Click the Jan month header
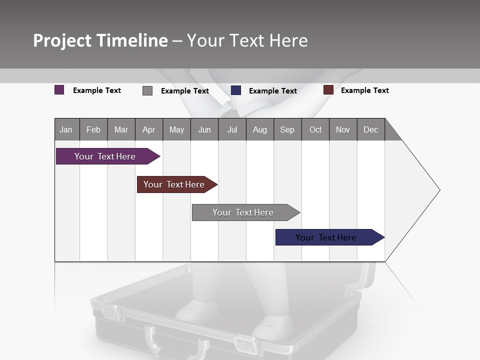pos(66,129)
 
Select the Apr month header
pos(148,129)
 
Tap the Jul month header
pos(232,129)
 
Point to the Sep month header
pos(287,129)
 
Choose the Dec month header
pos(370,129)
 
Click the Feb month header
pos(93,129)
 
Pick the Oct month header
pos(315,129)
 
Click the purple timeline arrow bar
pos(105,156)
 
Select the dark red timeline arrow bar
pos(174,184)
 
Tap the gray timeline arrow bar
pos(243,212)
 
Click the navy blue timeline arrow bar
pos(326,237)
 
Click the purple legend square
pos(59,90)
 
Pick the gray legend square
pos(147,90)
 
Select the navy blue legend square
pos(236,90)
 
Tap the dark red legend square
pos(328,90)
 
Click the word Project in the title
pos(62,41)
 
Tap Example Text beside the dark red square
pos(364,90)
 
